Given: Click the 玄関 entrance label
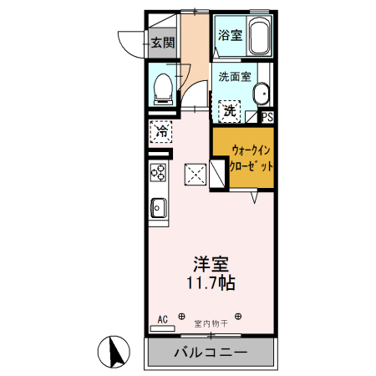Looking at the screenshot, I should point(163,43).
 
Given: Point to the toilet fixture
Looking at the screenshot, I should point(164,86).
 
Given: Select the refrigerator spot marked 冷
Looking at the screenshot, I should point(161,131).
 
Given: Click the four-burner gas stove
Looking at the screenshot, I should point(159,172).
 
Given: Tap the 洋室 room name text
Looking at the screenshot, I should point(212,265).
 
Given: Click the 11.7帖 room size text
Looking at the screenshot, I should point(210,283).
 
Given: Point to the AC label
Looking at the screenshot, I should point(163,318).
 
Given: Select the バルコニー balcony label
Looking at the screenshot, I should point(210,352).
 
